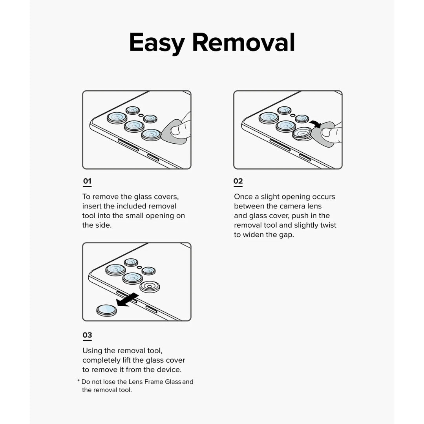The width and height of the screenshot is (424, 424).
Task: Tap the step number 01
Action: click(87, 181)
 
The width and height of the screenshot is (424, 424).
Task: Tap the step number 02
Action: click(238, 181)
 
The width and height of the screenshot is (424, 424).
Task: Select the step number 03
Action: click(87, 335)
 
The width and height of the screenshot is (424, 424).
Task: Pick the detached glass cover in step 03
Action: click(106, 310)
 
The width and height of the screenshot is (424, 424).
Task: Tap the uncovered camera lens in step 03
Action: click(149, 287)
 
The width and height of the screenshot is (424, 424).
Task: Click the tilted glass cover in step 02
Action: click(302, 133)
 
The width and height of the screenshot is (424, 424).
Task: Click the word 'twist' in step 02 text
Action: click(327, 225)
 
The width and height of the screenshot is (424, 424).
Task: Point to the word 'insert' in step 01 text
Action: click(93, 206)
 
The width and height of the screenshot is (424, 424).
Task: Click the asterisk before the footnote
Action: click(79, 382)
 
